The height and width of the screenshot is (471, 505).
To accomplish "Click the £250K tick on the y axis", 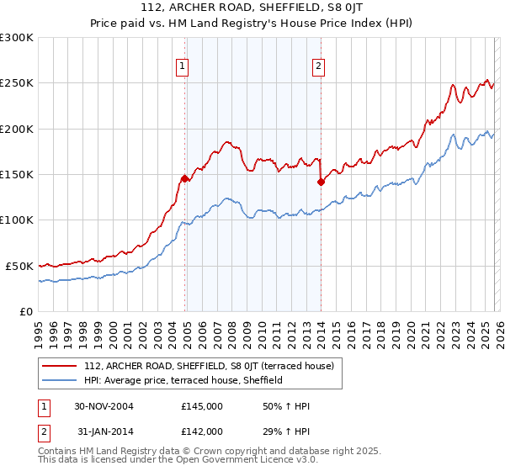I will pyautogui.click(x=17, y=83).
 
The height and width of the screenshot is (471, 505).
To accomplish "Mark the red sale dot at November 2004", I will pyautogui.click(x=185, y=178).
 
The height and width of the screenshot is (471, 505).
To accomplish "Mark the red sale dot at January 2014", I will pyautogui.click(x=321, y=182).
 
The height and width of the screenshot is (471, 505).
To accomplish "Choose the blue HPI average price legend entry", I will pyautogui.click(x=183, y=380).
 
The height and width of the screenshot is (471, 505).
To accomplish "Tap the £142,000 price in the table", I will pyautogui.click(x=202, y=431).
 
